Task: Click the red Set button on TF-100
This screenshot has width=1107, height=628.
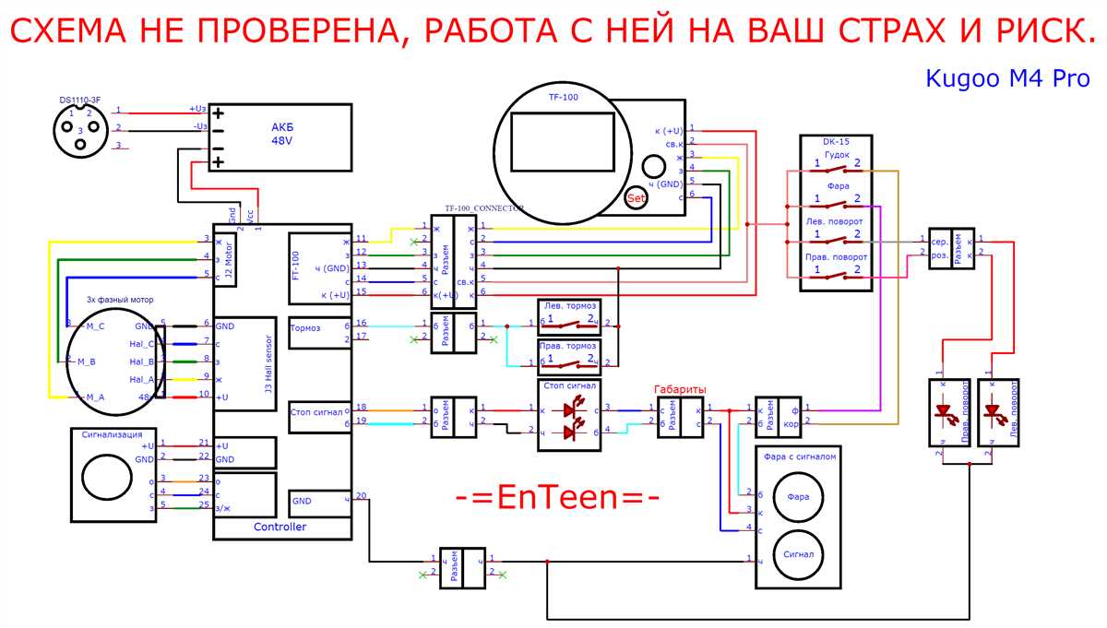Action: coord(636,197)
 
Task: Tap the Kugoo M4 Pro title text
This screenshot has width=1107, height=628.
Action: coord(1008,79)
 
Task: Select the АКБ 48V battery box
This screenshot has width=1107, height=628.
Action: coord(281,136)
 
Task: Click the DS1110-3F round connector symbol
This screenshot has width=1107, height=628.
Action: coord(81,127)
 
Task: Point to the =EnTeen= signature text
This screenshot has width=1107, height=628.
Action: coord(557,497)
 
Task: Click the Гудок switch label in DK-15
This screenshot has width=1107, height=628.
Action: coord(837,154)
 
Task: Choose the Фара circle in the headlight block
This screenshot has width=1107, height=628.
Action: coord(797,497)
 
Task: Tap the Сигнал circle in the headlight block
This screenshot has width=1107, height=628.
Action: coord(797,555)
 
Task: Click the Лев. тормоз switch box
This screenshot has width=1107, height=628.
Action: coord(568,317)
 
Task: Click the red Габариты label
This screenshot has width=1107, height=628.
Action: coord(680,388)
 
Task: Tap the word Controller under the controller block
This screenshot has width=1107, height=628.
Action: coord(280,527)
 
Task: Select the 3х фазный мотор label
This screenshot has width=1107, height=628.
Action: coord(120,300)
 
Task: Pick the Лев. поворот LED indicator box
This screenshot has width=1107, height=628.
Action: coord(998,412)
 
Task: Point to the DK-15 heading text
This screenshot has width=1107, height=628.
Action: coord(837,141)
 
